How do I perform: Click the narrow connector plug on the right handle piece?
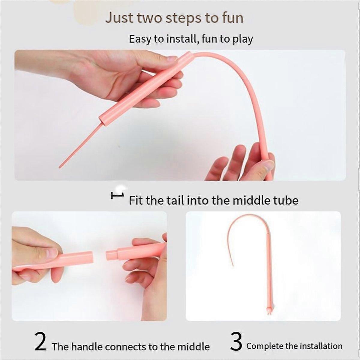tap(112, 255)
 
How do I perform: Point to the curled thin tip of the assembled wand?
tap(232, 265)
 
